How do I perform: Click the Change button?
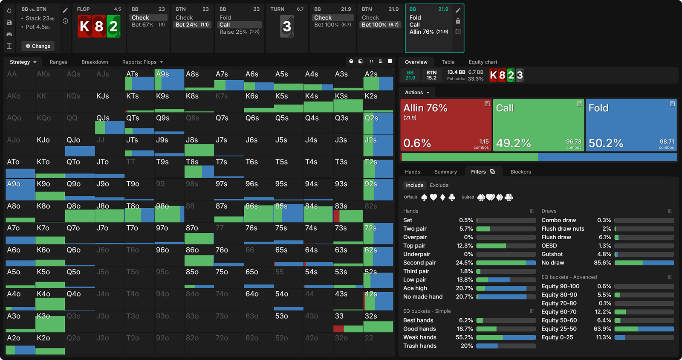coord(38,46)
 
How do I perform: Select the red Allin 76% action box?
coord(445,125)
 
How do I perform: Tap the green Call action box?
coord(538,125)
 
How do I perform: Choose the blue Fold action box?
coord(631,125)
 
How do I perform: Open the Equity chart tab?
coord(483,62)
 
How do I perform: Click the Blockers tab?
coord(520,172)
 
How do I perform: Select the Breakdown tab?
coord(95,62)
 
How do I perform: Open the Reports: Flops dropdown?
coord(142,62)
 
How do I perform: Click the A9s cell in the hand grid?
coord(169,80)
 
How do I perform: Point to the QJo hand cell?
coord(80,145)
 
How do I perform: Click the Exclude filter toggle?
coord(439,185)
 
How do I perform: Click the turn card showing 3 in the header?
coord(287,26)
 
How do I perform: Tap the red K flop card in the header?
coord(85,26)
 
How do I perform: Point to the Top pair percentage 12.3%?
coord(465,246)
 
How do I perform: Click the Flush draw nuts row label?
coord(563,229)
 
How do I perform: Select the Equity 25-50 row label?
coord(559,329)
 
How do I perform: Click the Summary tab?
coord(445,172)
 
